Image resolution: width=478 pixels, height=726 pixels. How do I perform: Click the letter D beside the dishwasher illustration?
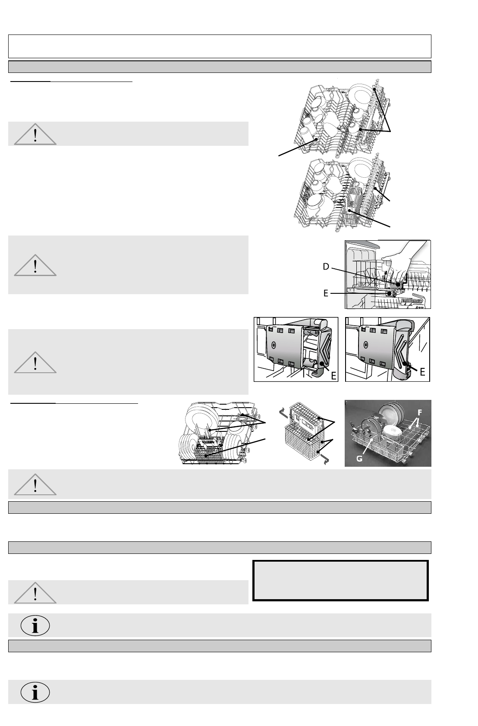[326, 267]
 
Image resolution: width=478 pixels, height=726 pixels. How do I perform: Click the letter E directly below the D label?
[326, 293]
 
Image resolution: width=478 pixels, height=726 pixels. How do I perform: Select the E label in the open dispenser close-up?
[333, 376]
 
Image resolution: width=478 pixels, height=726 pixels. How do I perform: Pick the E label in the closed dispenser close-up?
[422, 372]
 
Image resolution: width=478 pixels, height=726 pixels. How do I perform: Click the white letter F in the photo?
[420, 412]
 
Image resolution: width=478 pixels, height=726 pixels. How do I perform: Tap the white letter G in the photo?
[359, 459]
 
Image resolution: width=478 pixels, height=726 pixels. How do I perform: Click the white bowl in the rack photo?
[393, 434]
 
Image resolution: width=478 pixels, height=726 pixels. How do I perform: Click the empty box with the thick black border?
[340, 580]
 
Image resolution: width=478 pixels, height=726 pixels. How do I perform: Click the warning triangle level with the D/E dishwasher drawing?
[35, 265]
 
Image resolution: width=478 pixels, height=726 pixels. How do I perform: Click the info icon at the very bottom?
[35, 692]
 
